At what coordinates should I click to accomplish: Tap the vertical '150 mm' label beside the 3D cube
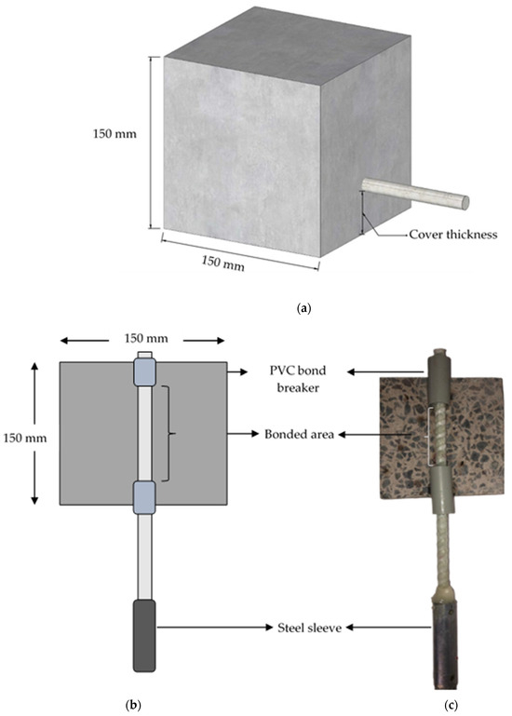pyautogui.click(x=119, y=133)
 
